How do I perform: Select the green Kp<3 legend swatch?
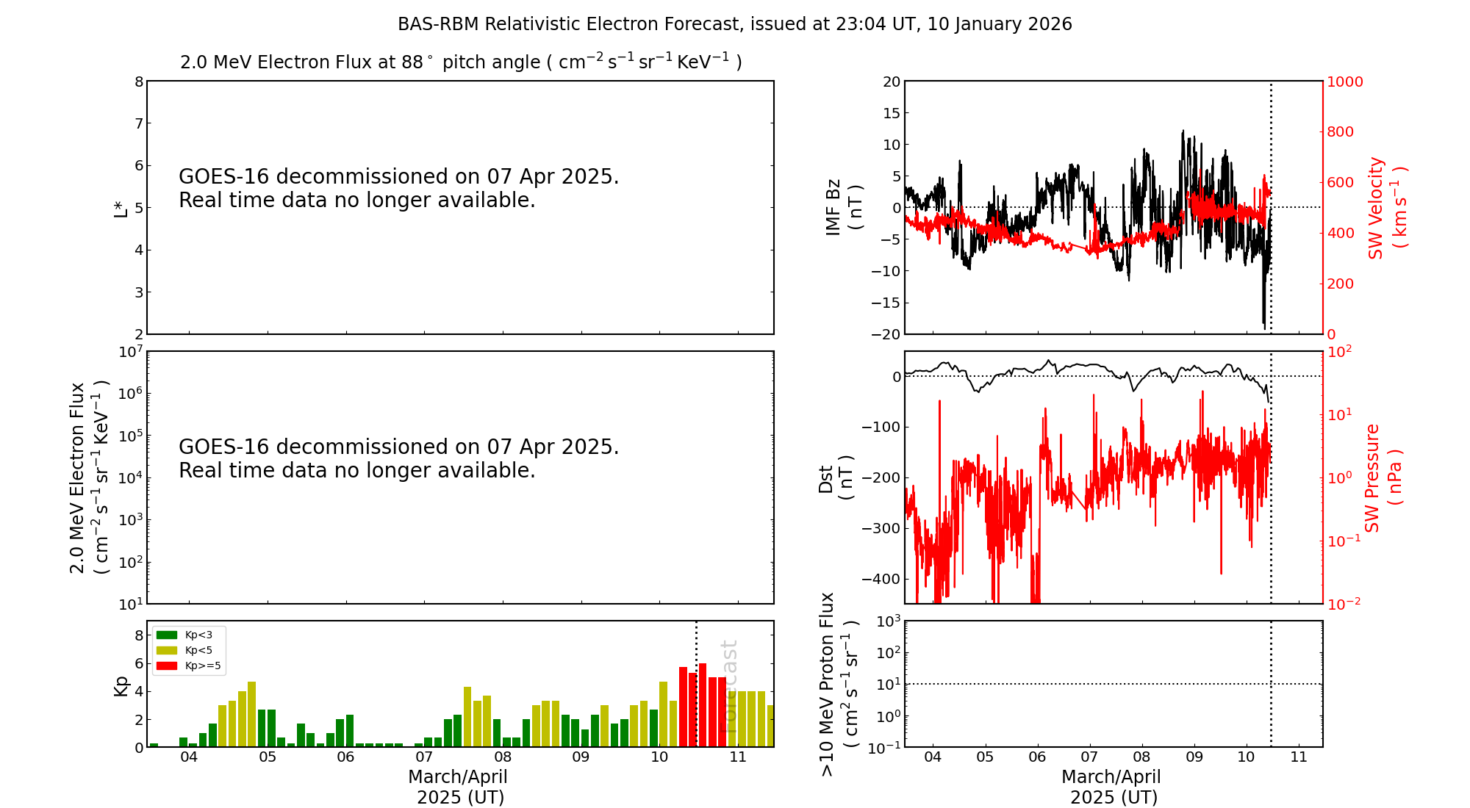pyautogui.click(x=167, y=635)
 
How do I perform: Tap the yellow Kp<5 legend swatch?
pyautogui.click(x=167, y=650)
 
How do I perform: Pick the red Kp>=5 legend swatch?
pyautogui.click(x=167, y=666)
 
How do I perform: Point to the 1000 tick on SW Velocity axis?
pyautogui.click(x=1344, y=82)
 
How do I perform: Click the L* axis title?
pyautogui.click(x=121, y=208)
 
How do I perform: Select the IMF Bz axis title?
pyautogui.click(x=844, y=208)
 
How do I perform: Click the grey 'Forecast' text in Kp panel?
pyautogui.click(x=729, y=687)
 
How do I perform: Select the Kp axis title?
pyautogui.click(x=121, y=685)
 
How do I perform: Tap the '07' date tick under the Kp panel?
pyautogui.click(x=424, y=757)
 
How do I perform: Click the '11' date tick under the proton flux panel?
pyautogui.click(x=1299, y=757)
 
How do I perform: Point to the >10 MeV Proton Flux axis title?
pyautogui.click(x=838, y=685)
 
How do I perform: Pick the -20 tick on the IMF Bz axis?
pyautogui.click(x=886, y=334)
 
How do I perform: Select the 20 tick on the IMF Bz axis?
pyautogui.click(x=891, y=82)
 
